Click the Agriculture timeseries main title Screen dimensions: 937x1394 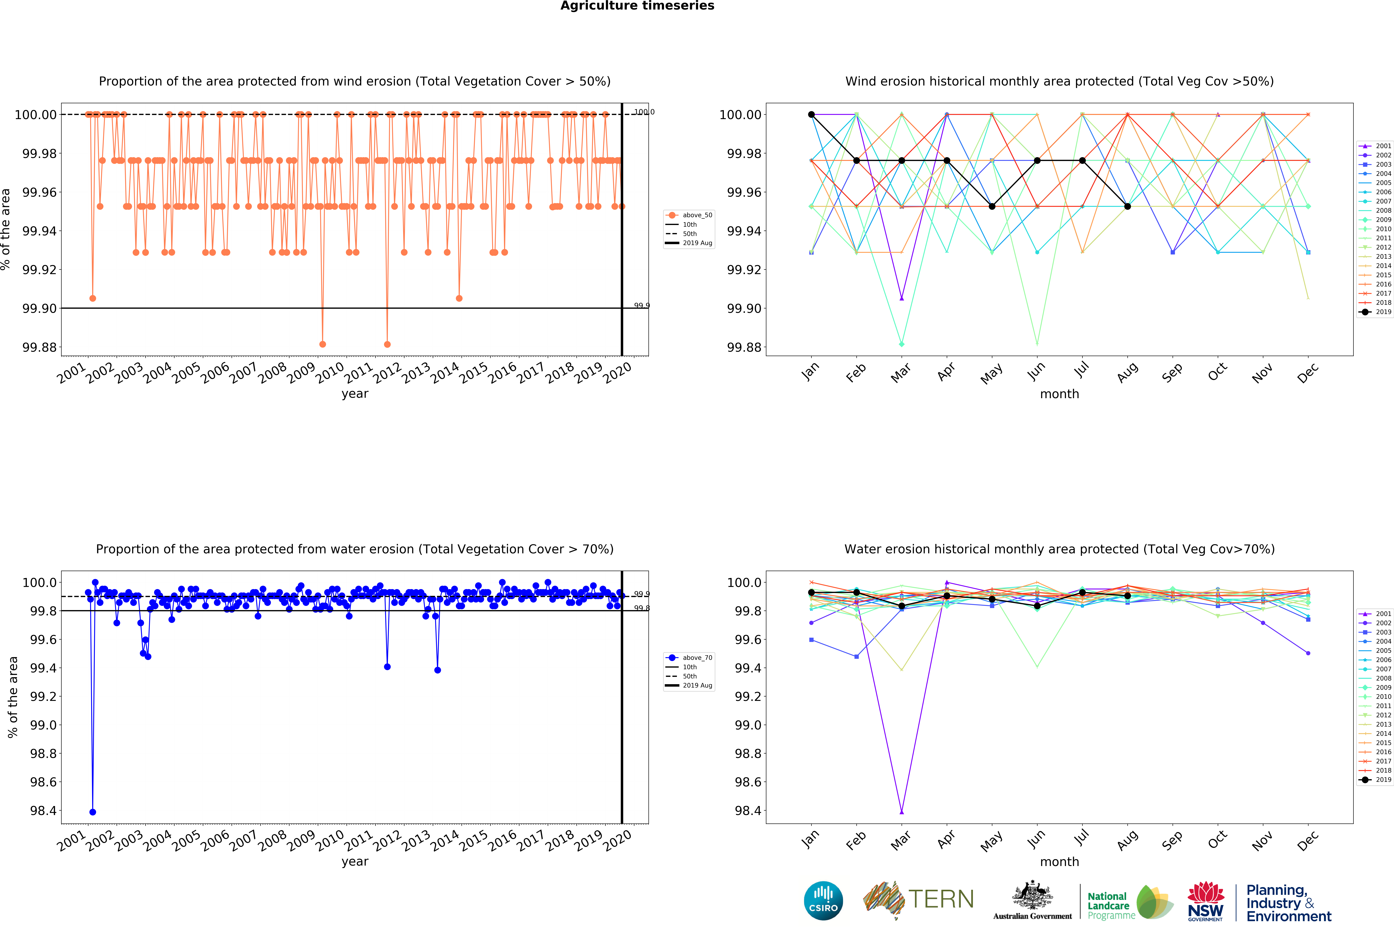(637, 6)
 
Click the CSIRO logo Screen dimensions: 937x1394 (823, 900)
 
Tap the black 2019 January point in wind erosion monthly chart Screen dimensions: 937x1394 (811, 114)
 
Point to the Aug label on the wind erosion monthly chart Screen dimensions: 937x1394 (1127, 373)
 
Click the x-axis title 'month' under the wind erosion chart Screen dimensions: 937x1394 (1059, 394)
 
